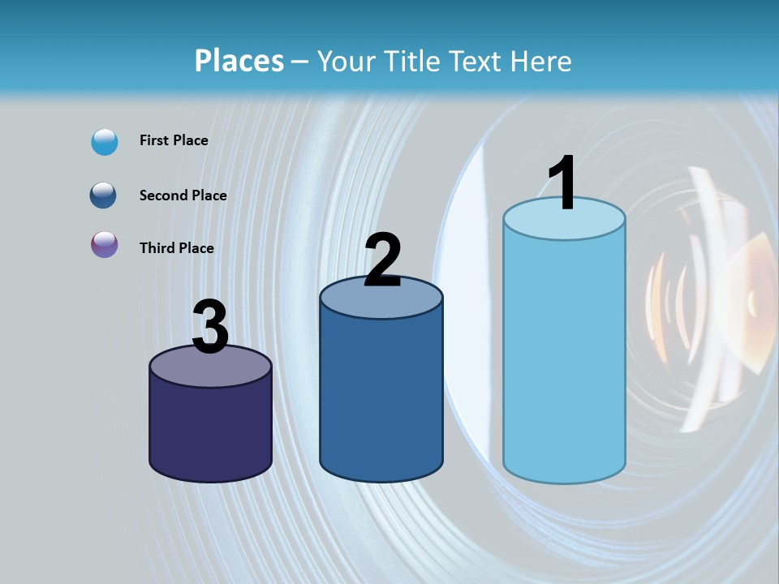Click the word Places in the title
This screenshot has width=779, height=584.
coord(239,61)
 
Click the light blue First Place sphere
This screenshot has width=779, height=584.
coord(105,142)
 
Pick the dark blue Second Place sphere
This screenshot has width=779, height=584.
coord(105,195)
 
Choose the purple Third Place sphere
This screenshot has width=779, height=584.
coord(105,245)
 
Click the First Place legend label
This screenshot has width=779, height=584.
coord(174,140)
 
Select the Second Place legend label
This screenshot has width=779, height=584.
coord(183,195)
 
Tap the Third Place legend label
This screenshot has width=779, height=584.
coord(176,248)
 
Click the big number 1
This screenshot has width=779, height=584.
coord(562,182)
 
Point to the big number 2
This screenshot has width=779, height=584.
coord(382,260)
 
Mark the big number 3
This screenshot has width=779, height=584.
coord(210,327)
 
